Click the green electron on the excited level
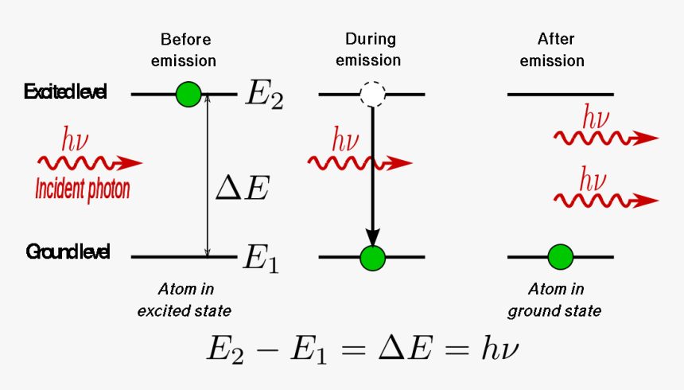pos(188,94)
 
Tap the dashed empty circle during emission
pos(372,95)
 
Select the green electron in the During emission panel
pos(372,257)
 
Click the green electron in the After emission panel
pos(560,257)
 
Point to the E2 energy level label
pos(262,95)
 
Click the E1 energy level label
pos(260,259)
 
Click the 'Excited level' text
pos(65,92)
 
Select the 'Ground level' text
pos(68,252)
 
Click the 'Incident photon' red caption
pos(83,189)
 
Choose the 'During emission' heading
pos(371,49)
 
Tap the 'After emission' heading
pos(556,49)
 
